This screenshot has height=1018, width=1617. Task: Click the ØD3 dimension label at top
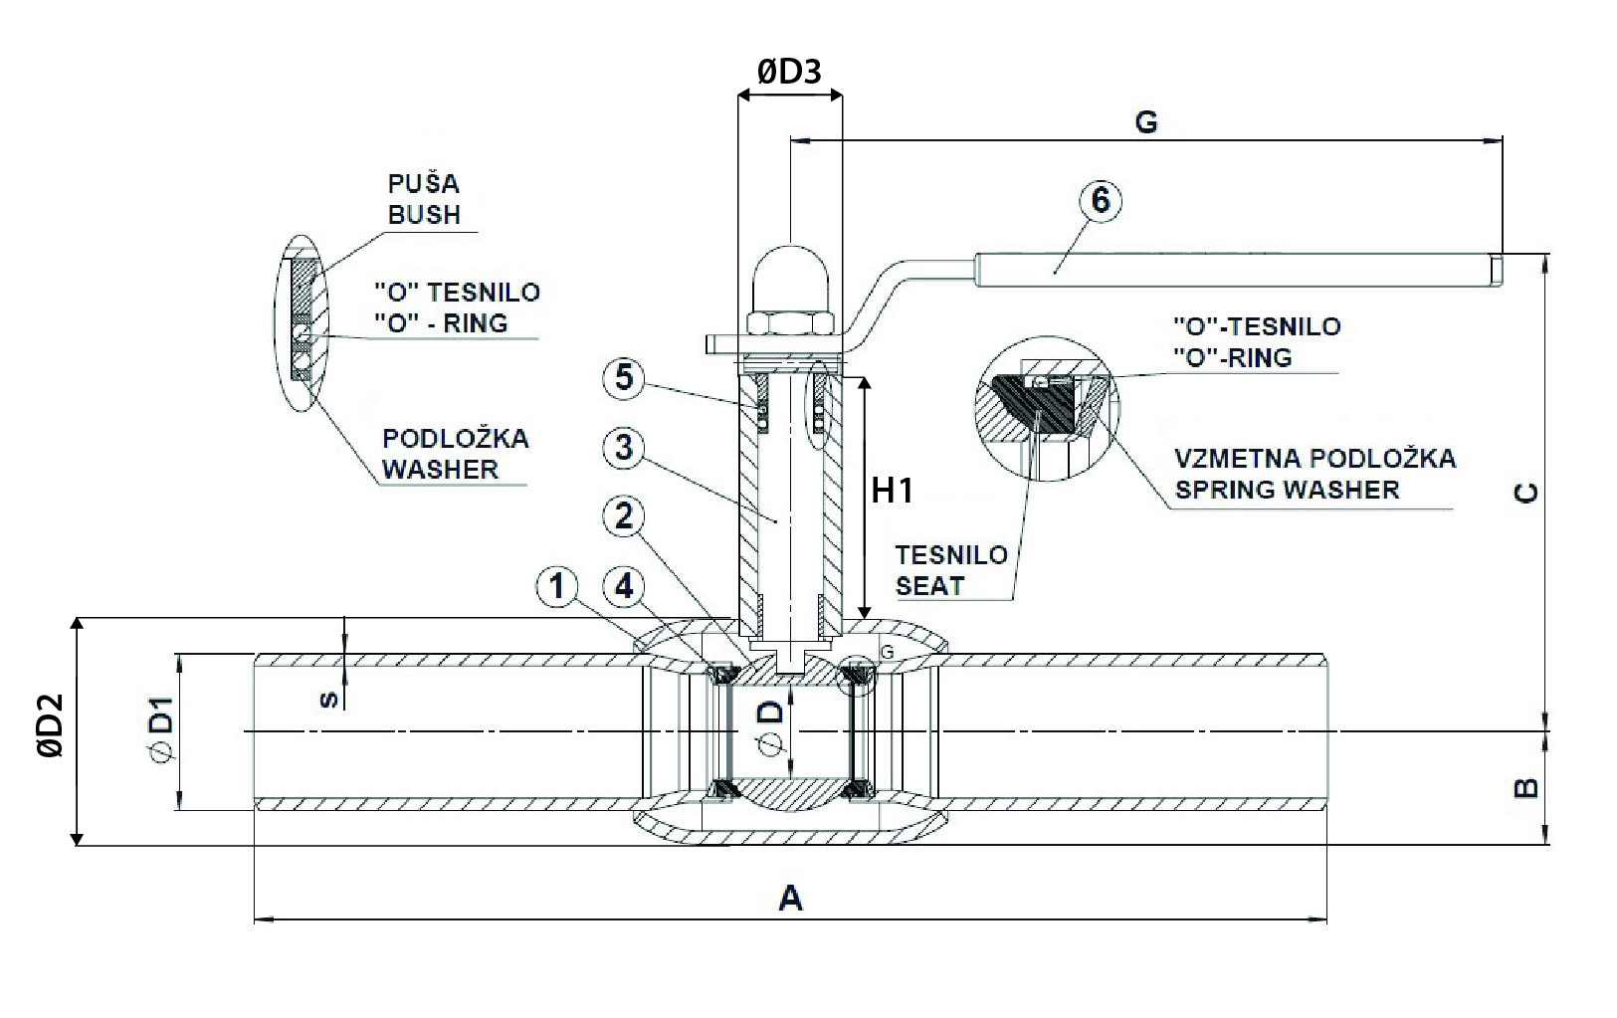pos(789,72)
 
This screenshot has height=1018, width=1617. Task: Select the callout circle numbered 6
pos(1100,200)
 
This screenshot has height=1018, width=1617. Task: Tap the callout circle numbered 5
pos(624,378)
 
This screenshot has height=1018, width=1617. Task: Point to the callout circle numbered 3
pos(624,448)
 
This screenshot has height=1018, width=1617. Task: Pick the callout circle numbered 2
pos(624,515)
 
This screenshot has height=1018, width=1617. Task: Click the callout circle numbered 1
pos(557,587)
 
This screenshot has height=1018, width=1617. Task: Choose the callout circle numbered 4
pos(624,587)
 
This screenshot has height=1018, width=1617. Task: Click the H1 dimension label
pos(893,490)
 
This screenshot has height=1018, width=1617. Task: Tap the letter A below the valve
pos(790,900)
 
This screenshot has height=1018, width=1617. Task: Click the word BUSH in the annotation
pos(424,214)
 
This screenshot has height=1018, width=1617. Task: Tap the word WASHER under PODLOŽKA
pos(440,469)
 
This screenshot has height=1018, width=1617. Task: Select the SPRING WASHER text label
pos(1287,490)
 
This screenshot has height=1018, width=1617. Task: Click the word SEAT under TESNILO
pos(929,585)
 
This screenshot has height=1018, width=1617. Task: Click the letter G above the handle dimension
pos(1145,121)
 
